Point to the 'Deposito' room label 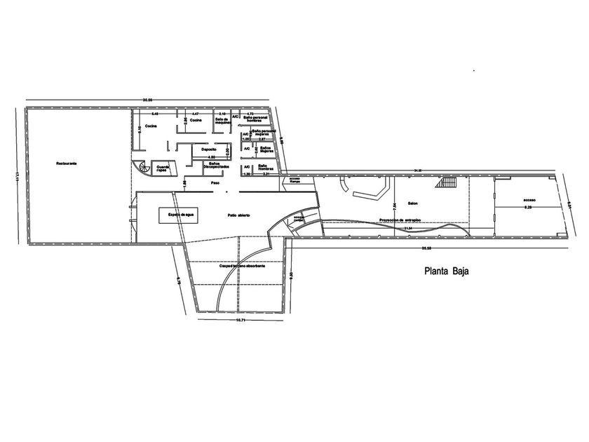(208, 149)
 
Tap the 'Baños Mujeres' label (265, 149)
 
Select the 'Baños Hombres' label (265, 168)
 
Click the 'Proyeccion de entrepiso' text (400, 219)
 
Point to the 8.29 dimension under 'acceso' (528, 208)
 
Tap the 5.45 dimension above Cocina (156, 113)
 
